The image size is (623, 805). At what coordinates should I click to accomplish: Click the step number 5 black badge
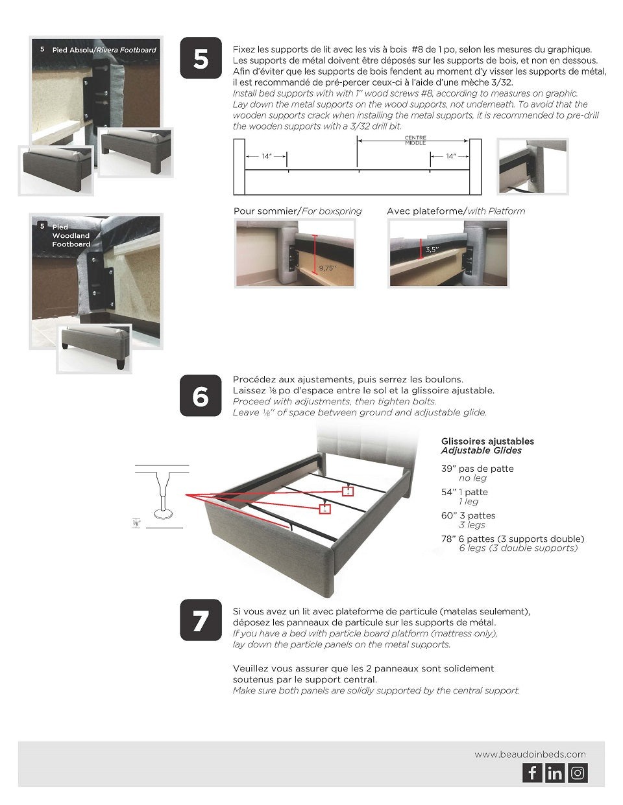click(201, 58)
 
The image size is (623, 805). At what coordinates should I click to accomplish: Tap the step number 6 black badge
click(201, 395)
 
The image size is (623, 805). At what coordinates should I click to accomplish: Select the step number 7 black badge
click(201, 620)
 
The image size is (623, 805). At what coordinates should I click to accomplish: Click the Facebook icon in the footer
click(532, 773)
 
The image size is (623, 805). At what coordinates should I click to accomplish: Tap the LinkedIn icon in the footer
click(555, 773)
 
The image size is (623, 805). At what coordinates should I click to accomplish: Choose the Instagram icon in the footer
click(578, 773)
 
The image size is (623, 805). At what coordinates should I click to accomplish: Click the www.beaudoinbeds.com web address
click(530, 754)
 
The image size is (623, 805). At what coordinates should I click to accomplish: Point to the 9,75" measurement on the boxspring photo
click(327, 268)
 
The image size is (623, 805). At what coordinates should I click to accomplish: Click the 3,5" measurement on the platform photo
click(432, 250)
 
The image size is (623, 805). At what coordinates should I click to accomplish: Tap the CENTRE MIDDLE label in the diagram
click(415, 140)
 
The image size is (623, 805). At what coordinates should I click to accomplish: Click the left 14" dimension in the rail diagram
click(266, 156)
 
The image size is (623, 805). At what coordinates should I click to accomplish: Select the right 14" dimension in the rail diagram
click(450, 156)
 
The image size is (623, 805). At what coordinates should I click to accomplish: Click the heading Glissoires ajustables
click(487, 441)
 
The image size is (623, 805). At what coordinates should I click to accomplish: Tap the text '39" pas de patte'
click(477, 469)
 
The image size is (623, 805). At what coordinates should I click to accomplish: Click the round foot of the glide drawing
click(163, 513)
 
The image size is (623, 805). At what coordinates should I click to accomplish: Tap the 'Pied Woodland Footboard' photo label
click(71, 236)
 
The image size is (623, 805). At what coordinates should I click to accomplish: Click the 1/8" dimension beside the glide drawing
click(136, 522)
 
